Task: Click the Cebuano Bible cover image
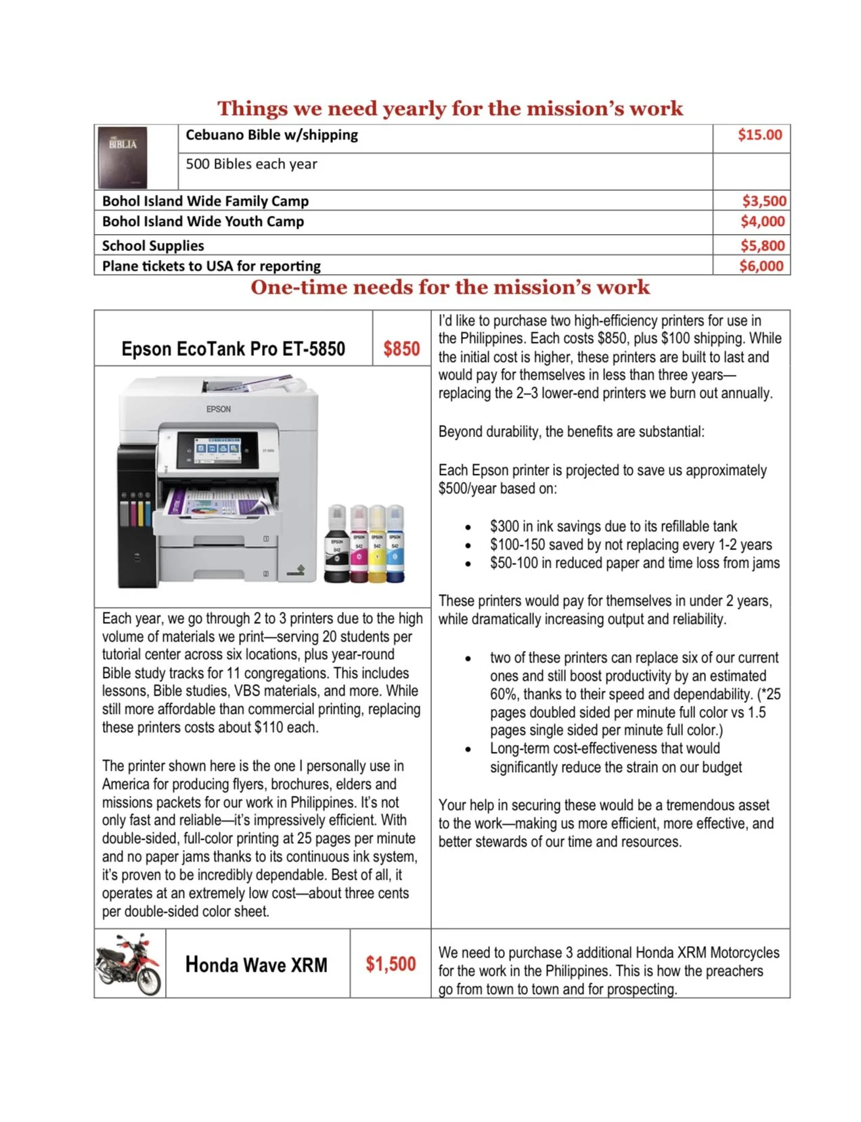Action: pyautogui.click(x=123, y=157)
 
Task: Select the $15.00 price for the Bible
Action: pyautogui.click(x=759, y=135)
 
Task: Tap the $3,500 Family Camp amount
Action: pyautogui.click(x=764, y=201)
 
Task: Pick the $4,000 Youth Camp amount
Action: pyautogui.click(x=762, y=221)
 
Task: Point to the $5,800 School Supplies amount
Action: pyautogui.click(x=762, y=246)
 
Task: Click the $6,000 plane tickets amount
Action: pyautogui.click(x=761, y=266)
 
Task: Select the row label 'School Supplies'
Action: pyautogui.click(x=153, y=246)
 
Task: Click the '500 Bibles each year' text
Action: pyautogui.click(x=251, y=164)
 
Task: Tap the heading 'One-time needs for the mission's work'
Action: pyautogui.click(x=449, y=288)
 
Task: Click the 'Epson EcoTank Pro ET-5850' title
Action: pyautogui.click(x=233, y=349)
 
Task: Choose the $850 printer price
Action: pyautogui.click(x=401, y=349)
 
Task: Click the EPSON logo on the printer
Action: pyautogui.click(x=219, y=409)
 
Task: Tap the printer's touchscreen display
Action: pyautogui.click(x=217, y=449)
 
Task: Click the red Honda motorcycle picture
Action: pyautogui.click(x=129, y=964)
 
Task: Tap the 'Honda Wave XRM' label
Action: pyautogui.click(x=256, y=964)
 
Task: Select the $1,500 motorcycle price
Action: pyautogui.click(x=391, y=964)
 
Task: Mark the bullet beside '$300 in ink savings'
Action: pyautogui.click(x=468, y=527)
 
